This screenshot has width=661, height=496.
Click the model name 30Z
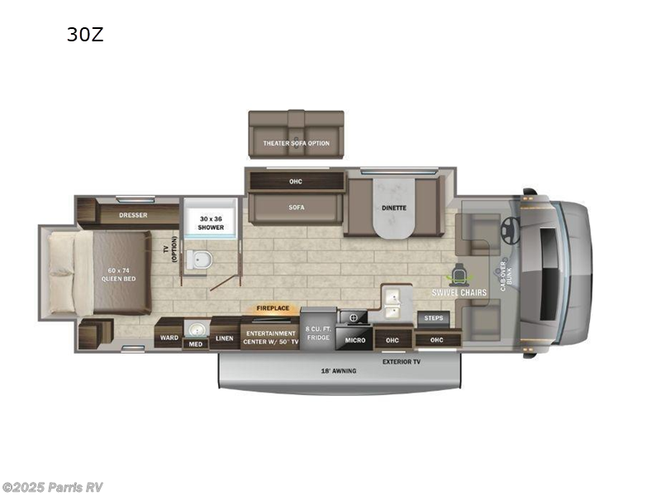85,35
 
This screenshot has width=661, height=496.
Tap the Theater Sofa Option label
296,143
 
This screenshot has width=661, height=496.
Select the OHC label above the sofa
296,181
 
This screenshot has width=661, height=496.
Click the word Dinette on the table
394,207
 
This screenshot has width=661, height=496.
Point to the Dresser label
132,215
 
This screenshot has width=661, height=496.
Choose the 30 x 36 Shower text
210,222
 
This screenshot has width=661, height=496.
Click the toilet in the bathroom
198,260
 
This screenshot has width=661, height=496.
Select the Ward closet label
169,337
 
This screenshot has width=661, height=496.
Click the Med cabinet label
195,344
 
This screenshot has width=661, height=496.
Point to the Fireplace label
273,308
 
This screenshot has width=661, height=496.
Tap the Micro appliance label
355,340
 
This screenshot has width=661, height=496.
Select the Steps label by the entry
433,317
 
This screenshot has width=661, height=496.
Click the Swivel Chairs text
459,292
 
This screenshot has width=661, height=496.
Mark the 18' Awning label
339,371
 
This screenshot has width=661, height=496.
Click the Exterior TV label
402,361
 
